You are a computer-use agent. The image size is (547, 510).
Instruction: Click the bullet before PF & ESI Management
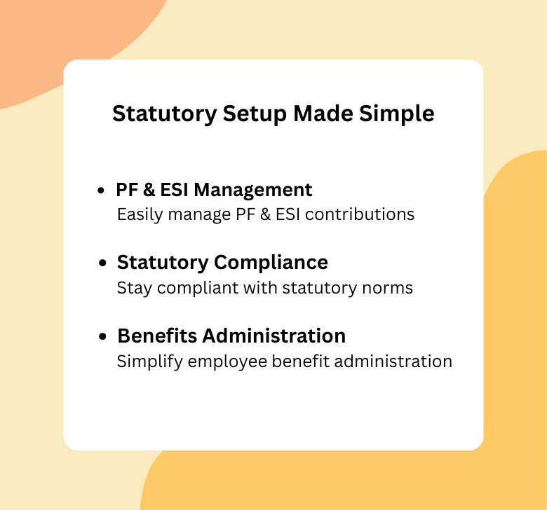(102, 191)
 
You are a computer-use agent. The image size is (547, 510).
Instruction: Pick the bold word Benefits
(157, 336)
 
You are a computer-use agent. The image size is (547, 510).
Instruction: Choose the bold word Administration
(274, 336)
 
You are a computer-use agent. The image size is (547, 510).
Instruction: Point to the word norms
(391, 288)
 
